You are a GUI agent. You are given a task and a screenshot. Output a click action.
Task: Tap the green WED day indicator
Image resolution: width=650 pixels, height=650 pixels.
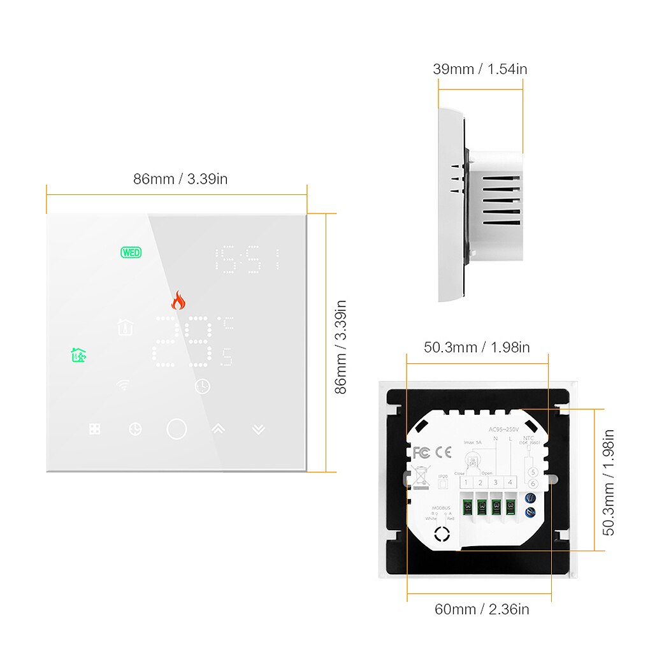[131, 252]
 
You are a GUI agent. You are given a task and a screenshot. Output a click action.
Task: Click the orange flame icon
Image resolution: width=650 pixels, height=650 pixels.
[178, 300]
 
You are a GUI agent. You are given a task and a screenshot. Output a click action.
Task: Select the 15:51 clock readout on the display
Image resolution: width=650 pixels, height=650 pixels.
[248, 259]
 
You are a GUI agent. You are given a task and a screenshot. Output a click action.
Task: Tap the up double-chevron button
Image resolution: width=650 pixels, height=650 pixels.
[219, 429]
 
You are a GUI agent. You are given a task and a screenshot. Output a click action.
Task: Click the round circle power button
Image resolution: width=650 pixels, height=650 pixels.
[177, 429]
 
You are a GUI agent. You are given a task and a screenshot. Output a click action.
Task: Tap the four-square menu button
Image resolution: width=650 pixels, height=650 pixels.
[95, 430]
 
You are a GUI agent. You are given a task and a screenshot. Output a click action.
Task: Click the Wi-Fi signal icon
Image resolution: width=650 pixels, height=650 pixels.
[122, 386]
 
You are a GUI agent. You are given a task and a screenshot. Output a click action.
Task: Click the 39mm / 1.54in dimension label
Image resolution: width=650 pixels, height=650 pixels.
[480, 69]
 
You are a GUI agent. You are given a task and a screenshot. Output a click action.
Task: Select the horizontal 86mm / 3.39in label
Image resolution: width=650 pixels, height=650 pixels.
[180, 179]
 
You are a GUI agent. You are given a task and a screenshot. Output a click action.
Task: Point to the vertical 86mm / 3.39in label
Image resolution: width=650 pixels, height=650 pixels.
[342, 347]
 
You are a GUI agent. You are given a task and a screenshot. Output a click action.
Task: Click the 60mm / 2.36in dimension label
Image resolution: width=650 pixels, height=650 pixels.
[482, 609]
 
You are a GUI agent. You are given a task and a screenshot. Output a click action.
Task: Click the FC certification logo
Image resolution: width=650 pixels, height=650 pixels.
[422, 452]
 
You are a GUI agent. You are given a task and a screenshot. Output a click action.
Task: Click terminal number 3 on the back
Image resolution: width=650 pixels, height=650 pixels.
[495, 482]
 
